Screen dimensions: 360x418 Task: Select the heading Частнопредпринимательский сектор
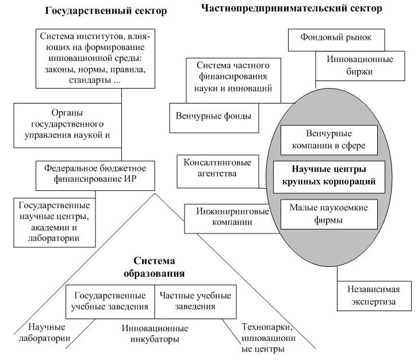[x=292, y=9]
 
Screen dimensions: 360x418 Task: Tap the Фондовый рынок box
[x=336, y=37]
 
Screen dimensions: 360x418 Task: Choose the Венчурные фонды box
[x=213, y=115]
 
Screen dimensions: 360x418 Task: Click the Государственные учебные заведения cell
[x=110, y=301]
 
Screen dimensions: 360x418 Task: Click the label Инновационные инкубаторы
[x=155, y=334]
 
